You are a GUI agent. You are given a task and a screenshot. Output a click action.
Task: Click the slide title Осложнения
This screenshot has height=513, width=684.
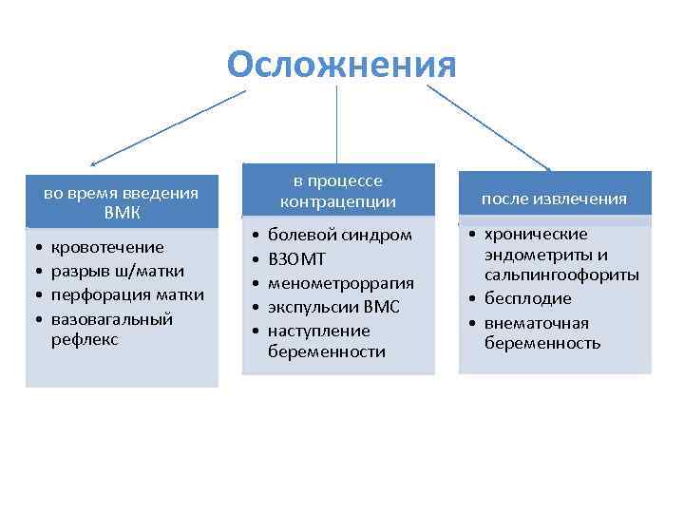point(342,65)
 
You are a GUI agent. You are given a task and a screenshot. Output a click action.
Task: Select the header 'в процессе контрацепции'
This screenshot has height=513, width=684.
point(337,191)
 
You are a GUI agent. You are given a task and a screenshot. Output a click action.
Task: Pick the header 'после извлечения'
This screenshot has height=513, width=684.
point(554,199)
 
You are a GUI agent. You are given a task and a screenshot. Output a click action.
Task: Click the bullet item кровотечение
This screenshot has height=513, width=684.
point(106,247)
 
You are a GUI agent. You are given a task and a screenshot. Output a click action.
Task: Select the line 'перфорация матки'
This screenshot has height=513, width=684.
point(126,294)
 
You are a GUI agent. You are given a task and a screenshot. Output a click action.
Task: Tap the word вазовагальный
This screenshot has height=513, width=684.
point(112,317)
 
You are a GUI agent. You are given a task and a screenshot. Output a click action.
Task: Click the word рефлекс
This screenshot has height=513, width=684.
point(85,339)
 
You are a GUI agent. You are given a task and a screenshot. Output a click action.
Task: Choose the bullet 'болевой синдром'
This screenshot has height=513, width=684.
point(340,235)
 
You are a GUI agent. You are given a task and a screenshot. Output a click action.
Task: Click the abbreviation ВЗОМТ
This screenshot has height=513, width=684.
point(297,258)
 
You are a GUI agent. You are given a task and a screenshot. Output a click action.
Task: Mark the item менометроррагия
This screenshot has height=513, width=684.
point(341,282)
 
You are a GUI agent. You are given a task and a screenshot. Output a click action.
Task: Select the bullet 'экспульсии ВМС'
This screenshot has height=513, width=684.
point(333,306)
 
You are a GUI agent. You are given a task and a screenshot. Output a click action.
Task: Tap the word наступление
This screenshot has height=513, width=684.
point(318,330)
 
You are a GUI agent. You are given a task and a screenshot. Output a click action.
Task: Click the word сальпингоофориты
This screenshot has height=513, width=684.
point(561,275)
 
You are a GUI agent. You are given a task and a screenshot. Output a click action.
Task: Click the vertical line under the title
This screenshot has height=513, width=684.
point(337,123)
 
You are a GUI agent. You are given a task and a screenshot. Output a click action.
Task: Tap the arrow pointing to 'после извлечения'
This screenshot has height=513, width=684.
point(489,128)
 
